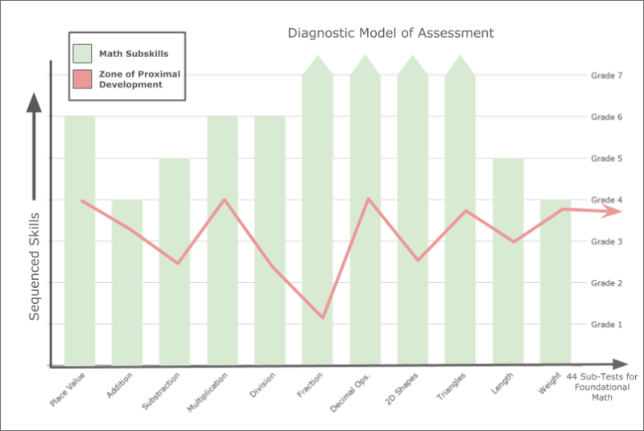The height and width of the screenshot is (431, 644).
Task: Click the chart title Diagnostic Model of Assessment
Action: (390, 34)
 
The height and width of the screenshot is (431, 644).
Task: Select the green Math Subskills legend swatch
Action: (83, 54)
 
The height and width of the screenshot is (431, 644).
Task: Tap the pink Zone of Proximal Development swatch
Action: (83, 79)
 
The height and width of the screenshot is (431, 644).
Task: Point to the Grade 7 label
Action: (608, 75)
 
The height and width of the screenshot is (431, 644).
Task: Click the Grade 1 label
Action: (608, 324)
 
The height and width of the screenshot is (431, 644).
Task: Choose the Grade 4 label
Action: (608, 199)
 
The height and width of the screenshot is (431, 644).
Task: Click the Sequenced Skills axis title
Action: (34, 265)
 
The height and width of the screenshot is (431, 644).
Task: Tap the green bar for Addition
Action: (127, 298)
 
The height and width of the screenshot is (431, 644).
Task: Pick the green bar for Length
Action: (508, 298)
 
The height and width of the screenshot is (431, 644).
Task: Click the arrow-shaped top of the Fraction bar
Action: (317, 64)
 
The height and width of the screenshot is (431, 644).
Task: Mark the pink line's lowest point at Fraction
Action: (323, 317)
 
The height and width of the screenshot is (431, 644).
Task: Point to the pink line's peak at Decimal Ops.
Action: (368, 199)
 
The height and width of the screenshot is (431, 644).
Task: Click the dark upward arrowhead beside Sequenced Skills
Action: (34, 103)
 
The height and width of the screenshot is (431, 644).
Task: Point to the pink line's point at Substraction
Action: (178, 263)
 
